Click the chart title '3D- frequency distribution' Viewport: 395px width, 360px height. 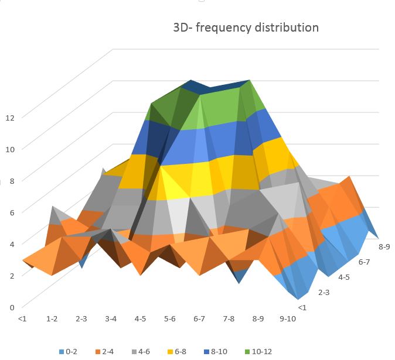(x=246, y=28)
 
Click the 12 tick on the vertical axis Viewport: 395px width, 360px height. (x=9, y=117)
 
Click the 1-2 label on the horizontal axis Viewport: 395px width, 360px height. (x=52, y=319)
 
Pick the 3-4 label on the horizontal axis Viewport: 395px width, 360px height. (x=111, y=319)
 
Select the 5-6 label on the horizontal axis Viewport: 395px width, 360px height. (x=170, y=319)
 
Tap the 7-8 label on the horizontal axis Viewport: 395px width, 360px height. (x=229, y=319)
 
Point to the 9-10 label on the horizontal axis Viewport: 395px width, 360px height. (x=288, y=319)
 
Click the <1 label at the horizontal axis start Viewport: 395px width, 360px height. (x=22, y=319)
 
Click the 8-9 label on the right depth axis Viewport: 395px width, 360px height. (x=383, y=247)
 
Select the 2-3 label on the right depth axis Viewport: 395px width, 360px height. (x=324, y=292)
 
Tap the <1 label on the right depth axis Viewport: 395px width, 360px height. (x=302, y=307)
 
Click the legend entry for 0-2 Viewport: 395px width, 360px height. (x=69, y=352)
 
